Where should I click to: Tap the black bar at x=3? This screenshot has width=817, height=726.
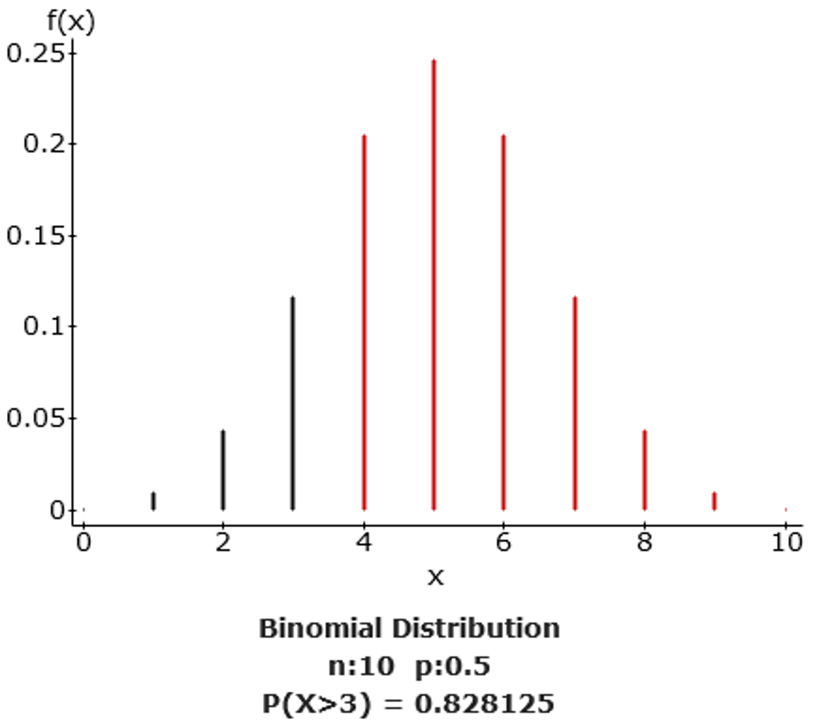293,403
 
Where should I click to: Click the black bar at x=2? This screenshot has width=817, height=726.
223,470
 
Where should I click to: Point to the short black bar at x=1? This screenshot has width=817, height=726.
153,501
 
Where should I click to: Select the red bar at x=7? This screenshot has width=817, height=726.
575,403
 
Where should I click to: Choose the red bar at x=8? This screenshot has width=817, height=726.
645,470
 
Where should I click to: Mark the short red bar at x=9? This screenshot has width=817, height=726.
715,501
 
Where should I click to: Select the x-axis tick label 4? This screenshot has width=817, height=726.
364,543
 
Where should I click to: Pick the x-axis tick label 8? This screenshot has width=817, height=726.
644,543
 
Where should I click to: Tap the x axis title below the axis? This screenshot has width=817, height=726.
435,578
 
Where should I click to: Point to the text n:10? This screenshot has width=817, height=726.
361,667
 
